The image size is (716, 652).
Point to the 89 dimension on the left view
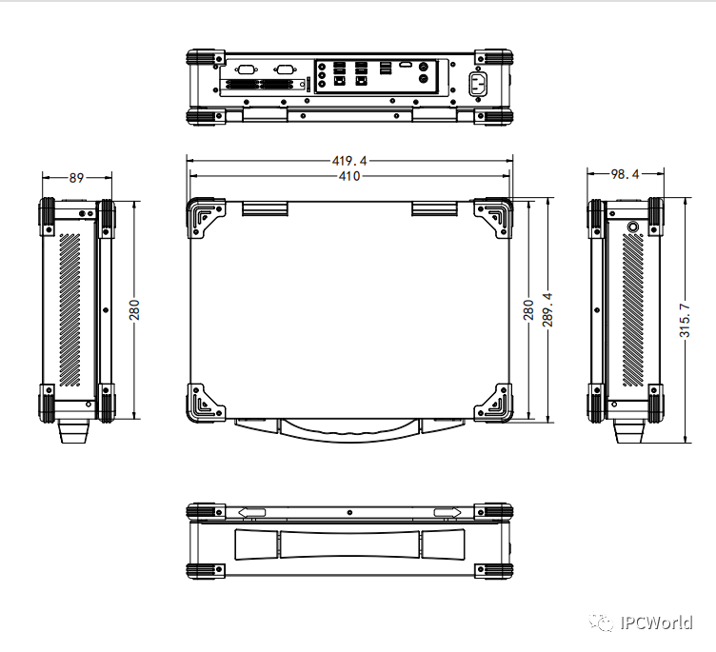pos(77,176)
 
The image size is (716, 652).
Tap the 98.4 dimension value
pos(625,174)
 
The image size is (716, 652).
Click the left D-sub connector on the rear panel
pos(246,69)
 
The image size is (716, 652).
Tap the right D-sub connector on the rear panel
pos(284,69)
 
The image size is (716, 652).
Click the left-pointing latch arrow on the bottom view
pos(251,513)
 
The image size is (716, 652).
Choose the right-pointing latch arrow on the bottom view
pos(447,513)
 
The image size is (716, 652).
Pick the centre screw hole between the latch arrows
pos(349,513)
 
